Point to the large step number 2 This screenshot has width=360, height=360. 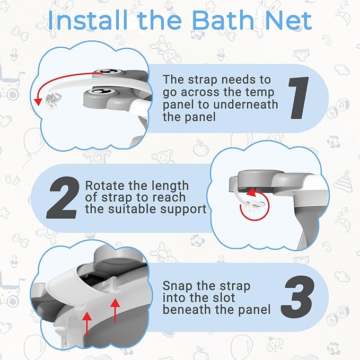63,198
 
